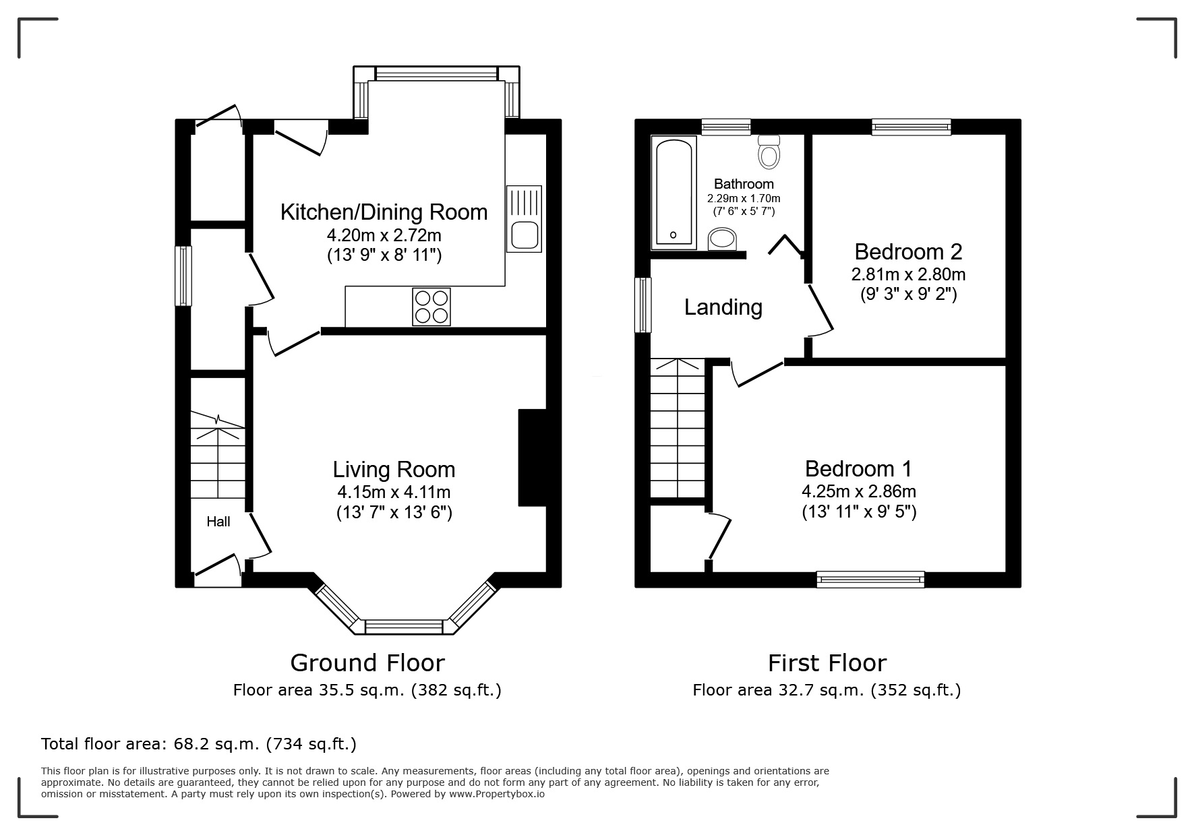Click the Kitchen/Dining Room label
384,212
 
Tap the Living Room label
394,469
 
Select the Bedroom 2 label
908,251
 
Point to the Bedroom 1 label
858,468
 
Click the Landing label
723,307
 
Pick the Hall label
218,522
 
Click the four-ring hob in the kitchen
431,307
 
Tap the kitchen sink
524,218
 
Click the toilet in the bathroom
769,152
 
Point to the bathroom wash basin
723,239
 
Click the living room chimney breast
531,457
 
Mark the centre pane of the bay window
404,627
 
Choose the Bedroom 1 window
870,579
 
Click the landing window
644,305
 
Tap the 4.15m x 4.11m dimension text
394,492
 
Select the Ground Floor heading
367,663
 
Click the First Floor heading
827,663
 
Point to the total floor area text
199,744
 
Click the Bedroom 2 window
911,127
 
